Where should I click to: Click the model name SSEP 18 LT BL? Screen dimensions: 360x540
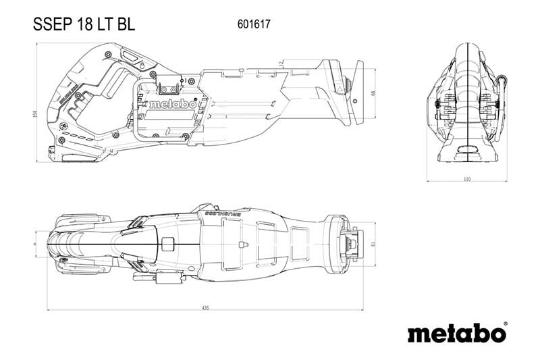pos(84,24)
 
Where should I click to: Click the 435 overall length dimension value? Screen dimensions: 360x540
pos(205,308)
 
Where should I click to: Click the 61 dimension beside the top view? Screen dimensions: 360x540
pos(374,245)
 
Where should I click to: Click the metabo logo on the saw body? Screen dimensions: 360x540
pos(172,105)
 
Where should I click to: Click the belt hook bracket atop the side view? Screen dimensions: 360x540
pos(168,86)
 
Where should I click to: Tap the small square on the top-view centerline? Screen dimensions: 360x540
pos(169,244)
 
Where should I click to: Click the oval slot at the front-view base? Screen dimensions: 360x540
pos(467,150)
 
